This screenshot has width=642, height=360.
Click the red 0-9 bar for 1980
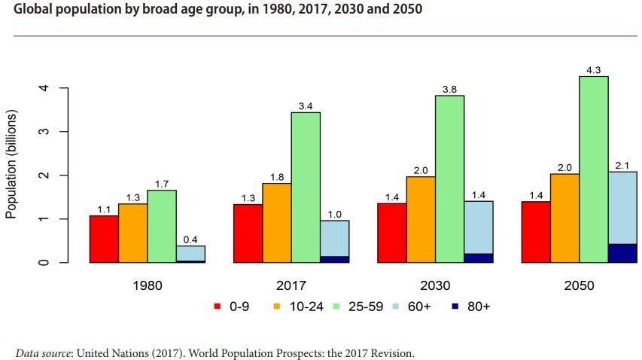coord(104,239)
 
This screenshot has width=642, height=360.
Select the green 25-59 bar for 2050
coord(594,169)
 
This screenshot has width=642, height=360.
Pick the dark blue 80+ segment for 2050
coord(622,253)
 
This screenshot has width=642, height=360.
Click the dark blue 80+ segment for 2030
coord(479,258)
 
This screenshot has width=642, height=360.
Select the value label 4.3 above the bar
coord(594,70)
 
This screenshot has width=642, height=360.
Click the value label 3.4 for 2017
coord(306,106)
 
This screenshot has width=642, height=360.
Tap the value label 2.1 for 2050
coord(622,166)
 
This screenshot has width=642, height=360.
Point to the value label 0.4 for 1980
coord(190,239)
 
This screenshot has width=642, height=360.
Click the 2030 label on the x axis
coord(435,286)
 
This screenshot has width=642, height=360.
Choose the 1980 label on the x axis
coord(147,286)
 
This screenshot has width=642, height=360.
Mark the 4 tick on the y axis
coord(45,88)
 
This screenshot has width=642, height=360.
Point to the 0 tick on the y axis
coord(45,263)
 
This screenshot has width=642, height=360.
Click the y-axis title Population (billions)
coord(11,164)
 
